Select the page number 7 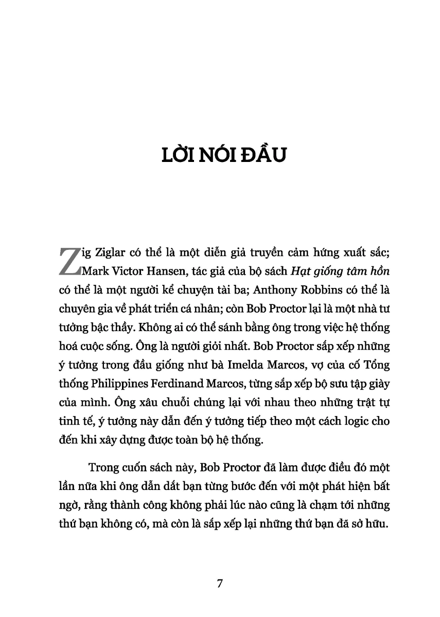[220, 584]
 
